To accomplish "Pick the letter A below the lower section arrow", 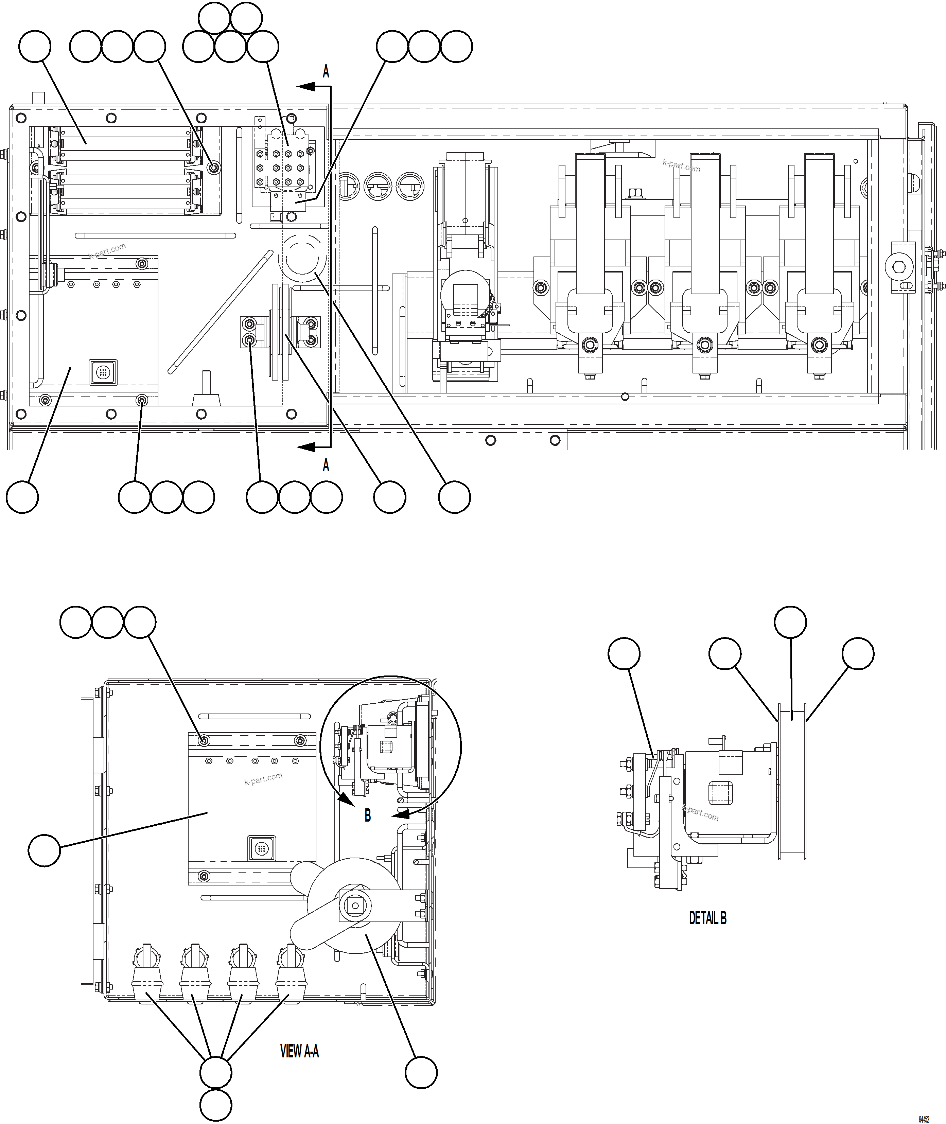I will coord(326,466).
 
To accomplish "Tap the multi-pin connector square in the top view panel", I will coord(102,371).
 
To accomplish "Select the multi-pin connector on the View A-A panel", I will coord(261,849).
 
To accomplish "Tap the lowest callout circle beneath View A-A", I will coord(215,1105).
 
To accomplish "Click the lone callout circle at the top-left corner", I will coord(35,47).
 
